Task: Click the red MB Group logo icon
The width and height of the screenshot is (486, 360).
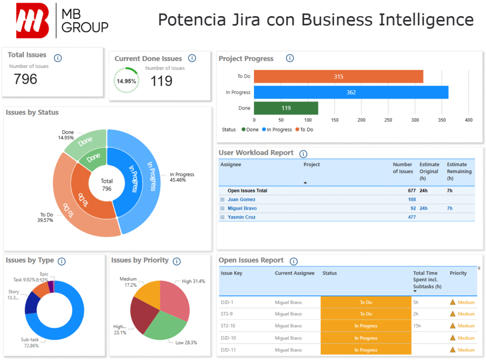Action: point(32,20)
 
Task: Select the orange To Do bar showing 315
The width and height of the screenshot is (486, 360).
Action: point(338,76)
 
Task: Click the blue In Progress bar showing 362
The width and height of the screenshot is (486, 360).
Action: point(351,92)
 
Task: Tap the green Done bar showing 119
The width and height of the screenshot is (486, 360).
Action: point(286,108)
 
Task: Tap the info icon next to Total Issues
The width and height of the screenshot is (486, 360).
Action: point(58,58)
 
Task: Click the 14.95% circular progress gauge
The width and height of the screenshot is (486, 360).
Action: point(126,81)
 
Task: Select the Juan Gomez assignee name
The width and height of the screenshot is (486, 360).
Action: point(241,199)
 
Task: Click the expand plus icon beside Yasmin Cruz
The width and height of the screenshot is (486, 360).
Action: point(222,217)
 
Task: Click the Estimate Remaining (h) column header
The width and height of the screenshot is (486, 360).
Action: point(459,171)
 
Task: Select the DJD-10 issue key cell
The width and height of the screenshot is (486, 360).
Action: point(228,338)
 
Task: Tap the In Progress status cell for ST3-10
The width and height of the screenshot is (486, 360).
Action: point(365,326)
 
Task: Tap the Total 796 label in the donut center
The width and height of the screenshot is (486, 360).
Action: point(107,185)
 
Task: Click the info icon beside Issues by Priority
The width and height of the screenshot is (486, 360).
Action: point(177,261)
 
